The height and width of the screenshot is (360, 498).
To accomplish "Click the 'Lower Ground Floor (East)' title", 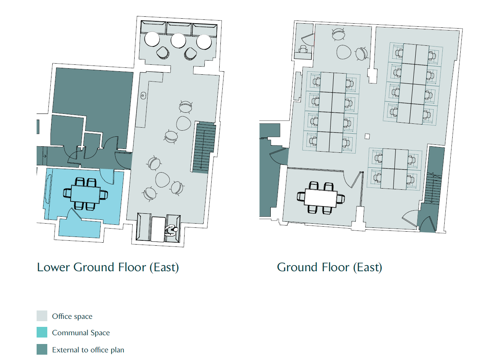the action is [x=108, y=267].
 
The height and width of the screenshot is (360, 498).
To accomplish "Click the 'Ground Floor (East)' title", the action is [x=329, y=267].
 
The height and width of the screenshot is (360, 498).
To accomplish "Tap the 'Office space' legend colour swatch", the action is [x=42, y=316].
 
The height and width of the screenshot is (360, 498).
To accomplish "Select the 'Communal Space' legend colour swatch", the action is [x=42, y=332].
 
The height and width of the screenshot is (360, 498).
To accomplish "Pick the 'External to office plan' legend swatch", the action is [x=42, y=350].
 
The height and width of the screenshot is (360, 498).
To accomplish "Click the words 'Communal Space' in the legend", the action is [x=81, y=333].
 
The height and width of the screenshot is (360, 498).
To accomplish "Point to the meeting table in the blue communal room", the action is [x=85, y=195].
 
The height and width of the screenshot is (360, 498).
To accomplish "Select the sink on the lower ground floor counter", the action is [x=143, y=96].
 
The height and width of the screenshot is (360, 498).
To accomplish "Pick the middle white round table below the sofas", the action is [x=178, y=40].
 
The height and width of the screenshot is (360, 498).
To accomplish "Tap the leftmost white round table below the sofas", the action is [x=152, y=39].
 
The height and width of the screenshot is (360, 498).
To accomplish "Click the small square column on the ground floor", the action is [x=367, y=136].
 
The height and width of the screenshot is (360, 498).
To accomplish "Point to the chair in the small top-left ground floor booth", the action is [x=303, y=49].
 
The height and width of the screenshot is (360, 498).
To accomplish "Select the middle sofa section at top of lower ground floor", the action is [x=179, y=29].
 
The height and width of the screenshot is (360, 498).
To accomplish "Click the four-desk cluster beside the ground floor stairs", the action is [x=395, y=169].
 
